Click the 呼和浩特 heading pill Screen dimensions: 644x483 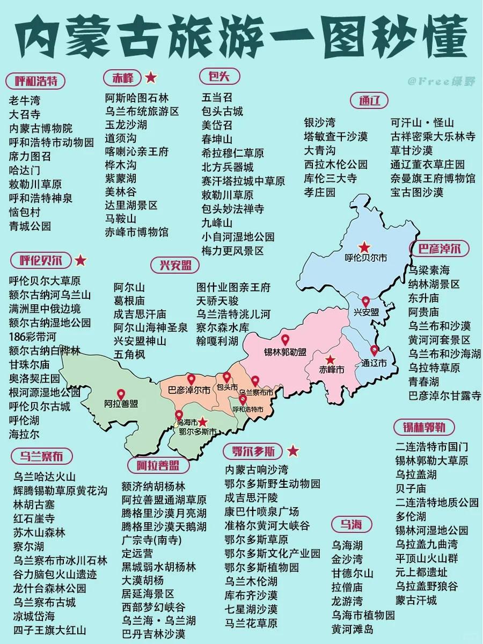(35, 81)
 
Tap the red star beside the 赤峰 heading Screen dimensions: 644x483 (151, 77)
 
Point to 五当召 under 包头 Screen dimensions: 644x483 (217, 97)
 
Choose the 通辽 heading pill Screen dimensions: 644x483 (369, 100)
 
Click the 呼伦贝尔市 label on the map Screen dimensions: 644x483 (365, 258)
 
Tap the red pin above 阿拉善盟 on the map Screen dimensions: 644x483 (121, 394)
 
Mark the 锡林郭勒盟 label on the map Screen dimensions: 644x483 (285, 352)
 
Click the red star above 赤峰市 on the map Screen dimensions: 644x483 (330, 360)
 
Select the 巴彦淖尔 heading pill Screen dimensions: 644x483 (440, 248)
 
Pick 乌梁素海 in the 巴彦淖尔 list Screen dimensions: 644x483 (429, 269)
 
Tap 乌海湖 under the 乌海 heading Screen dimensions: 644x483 (347, 545)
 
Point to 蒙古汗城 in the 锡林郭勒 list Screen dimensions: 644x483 (416, 600)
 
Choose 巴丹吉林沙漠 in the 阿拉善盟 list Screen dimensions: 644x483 (153, 634)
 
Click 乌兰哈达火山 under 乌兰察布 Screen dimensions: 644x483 (45, 477)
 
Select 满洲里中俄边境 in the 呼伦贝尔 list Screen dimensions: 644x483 (45, 309)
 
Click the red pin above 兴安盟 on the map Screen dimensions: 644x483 (365, 302)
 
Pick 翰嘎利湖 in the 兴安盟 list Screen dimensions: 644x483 (217, 340)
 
